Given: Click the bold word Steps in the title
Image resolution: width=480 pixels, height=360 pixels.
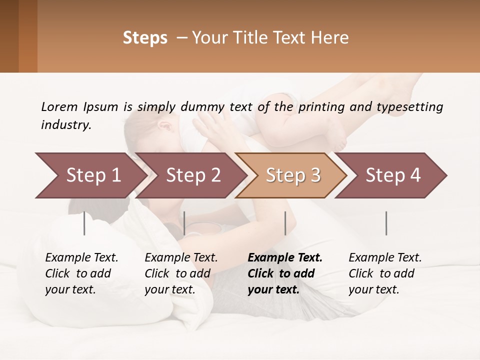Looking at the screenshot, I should coord(145,38).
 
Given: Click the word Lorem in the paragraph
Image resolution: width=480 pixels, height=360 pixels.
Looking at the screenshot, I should coord(59,106).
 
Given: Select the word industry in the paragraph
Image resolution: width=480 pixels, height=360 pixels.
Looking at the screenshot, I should coord(66,124).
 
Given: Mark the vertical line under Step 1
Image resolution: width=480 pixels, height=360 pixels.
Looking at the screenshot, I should coord(84,223).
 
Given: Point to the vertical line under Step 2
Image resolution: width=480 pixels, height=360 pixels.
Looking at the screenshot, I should coord(184,223).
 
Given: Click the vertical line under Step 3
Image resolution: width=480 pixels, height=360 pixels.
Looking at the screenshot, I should coord(285,223).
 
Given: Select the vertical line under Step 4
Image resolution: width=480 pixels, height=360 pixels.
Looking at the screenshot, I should coord(386,223).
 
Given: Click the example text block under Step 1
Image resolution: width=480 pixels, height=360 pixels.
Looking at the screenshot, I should coord(81,273).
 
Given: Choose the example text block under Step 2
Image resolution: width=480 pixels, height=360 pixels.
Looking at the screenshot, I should coord(181,273).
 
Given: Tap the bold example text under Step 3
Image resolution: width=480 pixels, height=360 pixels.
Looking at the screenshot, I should coord(285,273).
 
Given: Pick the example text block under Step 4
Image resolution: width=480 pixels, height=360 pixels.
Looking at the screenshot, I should coord(385,273).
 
